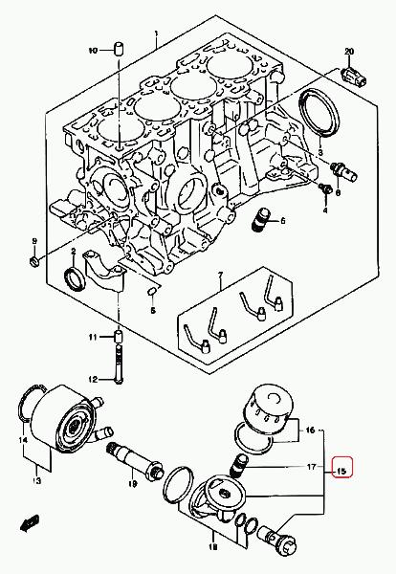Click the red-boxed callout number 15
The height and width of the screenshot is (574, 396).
point(341,471)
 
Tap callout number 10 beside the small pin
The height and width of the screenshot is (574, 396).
point(93,50)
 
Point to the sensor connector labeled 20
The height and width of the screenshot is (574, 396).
point(354,77)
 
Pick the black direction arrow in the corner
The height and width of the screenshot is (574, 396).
point(30,522)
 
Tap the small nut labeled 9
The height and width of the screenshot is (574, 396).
point(33,261)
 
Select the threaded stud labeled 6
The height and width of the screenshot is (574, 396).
point(261,219)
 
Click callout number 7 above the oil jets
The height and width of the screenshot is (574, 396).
point(220,275)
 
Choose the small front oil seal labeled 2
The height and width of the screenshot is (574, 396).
point(75,279)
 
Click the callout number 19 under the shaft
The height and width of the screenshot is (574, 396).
point(133,484)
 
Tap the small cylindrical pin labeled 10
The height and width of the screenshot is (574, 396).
point(119,49)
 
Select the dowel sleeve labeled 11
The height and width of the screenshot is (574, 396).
point(119,336)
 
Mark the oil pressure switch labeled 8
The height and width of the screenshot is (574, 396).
point(343,171)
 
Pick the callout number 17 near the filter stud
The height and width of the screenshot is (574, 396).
point(311,467)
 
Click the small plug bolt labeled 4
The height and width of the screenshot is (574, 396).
point(325,188)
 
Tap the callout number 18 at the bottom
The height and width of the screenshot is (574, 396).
point(212,547)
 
